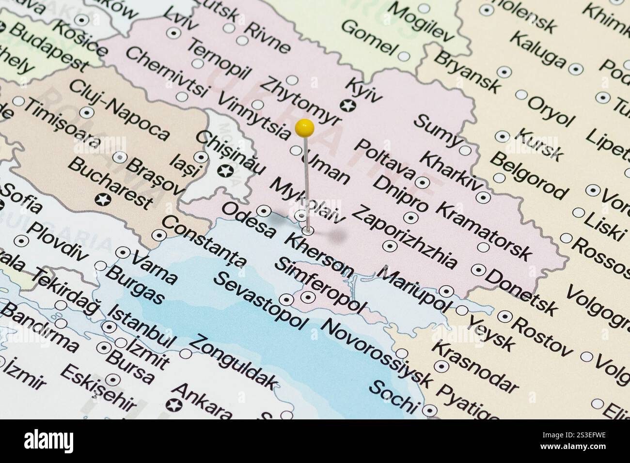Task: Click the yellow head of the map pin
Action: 304,128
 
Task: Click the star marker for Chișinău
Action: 224,170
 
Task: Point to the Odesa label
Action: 248,221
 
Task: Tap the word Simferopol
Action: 320,285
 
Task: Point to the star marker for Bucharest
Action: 102,199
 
